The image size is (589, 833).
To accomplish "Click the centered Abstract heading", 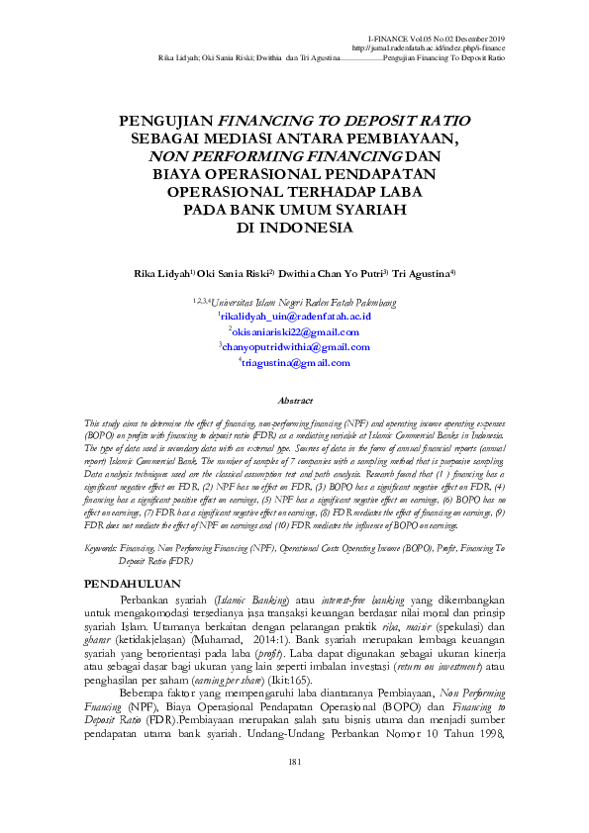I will (294, 401).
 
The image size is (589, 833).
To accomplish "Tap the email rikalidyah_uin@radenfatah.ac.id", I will (295, 314).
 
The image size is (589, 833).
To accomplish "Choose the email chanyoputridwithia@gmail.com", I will (295, 346).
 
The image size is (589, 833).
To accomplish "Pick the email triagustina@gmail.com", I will (295, 362).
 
